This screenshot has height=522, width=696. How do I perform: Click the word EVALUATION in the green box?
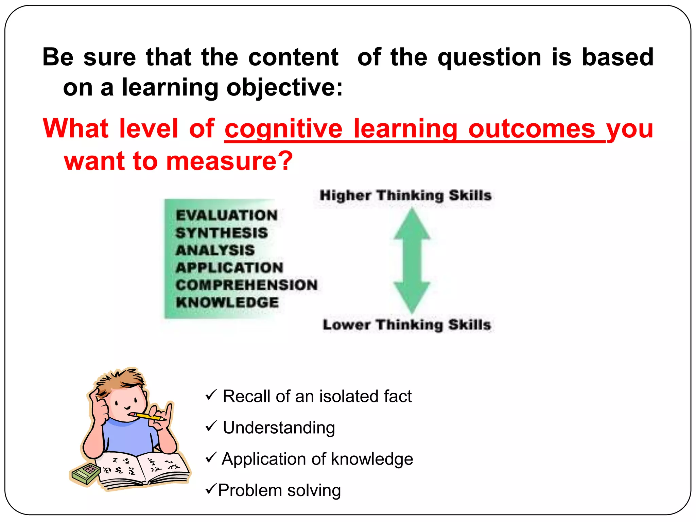tap(227, 215)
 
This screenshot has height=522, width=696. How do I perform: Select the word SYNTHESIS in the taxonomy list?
tap(222, 233)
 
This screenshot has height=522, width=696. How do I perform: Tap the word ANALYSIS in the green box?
tap(215, 250)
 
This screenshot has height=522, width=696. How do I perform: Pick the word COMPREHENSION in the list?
tap(247, 285)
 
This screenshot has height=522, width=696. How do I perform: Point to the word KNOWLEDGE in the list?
tap(227, 302)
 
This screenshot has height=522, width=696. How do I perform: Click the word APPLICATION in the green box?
tap(229, 268)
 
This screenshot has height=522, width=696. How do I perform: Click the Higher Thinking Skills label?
tap(405, 195)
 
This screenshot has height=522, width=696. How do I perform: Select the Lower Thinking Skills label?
tap(407, 325)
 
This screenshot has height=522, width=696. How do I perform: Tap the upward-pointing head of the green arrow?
tap(412, 224)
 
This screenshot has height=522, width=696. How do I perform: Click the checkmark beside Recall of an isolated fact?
tap(211, 395)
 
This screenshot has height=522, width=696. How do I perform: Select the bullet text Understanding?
tap(279, 428)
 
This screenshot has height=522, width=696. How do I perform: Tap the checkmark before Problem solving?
tap(211, 489)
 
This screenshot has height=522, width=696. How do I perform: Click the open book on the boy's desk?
tap(143, 469)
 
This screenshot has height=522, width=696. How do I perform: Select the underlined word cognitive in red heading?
tap(283, 129)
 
